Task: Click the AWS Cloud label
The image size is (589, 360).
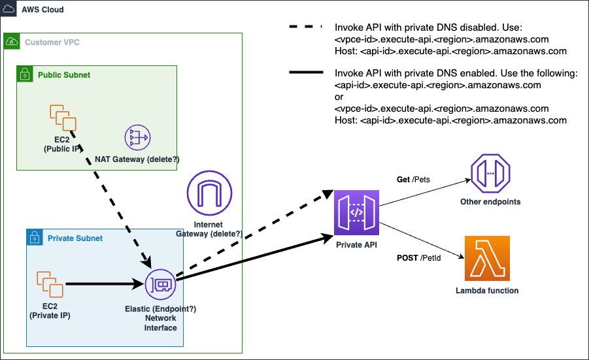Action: [42, 10]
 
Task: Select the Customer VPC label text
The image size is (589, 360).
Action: [52, 42]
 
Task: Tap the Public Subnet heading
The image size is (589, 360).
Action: [64, 75]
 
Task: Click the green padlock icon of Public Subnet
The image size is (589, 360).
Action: [24, 74]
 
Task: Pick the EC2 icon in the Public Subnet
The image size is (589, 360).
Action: [63, 118]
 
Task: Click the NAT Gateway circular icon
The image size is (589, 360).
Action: [138, 137]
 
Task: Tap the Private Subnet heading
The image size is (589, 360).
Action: [75, 238]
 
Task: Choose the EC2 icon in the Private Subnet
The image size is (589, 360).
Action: [50, 284]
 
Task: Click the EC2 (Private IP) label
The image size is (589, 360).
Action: [50, 312]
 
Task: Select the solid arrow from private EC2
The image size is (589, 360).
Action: [105, 284]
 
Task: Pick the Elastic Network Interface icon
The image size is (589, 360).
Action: [160, 284]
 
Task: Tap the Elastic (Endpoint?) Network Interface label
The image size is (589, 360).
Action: [160, 318]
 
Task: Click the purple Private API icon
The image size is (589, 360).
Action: [356, 213]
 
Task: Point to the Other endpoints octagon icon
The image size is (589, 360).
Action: [490, 173]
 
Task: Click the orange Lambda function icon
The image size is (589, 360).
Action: [487, 259]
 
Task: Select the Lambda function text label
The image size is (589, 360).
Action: [487, 290]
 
